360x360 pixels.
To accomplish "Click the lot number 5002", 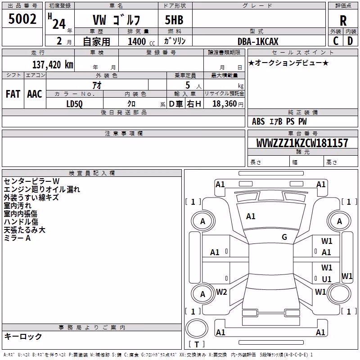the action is [22, 19].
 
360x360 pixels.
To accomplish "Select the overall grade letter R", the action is [343, 21].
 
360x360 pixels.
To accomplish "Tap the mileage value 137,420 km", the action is [53, 65].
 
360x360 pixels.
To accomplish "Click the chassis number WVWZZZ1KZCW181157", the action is [302, 143].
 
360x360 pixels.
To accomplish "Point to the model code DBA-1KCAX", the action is [258, 41].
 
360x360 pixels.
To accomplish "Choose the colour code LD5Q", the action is [74, 104].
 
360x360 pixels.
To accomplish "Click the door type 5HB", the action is [174, 20].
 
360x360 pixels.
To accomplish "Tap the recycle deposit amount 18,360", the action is [224, 104].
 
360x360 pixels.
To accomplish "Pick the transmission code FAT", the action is [13, 94].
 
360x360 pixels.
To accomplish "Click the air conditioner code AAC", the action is [35, 94].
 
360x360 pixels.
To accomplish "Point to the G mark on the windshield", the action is [284, 237].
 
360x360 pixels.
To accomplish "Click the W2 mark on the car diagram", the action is [221, 292].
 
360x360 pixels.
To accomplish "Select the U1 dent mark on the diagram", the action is [327, 279].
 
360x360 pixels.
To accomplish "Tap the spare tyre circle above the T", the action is [197, 328].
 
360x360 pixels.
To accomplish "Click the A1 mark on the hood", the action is [251, 216].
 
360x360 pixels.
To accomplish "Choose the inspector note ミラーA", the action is [17, 238].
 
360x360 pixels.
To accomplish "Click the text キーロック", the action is [23, 336].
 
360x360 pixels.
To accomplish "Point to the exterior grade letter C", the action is [336, 41].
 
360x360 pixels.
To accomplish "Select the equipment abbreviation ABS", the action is [258, 121].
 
